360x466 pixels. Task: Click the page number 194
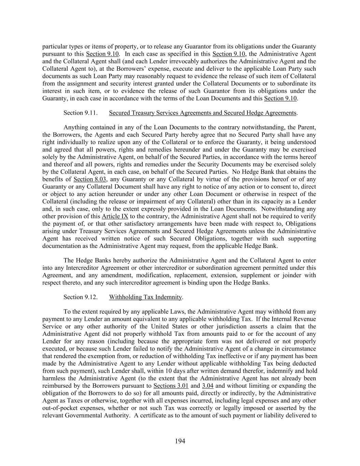pos(180,441)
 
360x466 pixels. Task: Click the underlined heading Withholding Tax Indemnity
pos(146,297)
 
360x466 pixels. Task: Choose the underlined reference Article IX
pos(115,216)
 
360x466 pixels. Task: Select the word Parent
pos(306,128)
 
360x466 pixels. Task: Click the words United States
pos(167,326)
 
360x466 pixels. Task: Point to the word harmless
pos(56,378)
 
